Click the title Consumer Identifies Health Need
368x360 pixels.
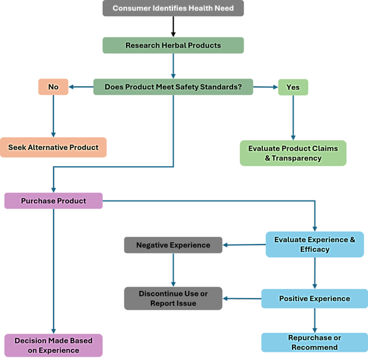pos(173,9)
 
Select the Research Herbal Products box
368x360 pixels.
pos(173,46)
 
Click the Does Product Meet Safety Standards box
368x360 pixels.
pos(173,87)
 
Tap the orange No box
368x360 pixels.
pos(54,87)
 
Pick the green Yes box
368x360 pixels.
pos(293,87)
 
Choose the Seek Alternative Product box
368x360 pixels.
pos(54,147)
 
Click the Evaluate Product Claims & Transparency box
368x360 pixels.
pos(293,153)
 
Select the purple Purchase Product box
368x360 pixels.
pos(54,201)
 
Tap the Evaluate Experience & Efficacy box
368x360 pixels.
pos(314,244)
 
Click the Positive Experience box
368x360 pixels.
pos(314,298)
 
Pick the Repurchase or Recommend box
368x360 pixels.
pos(314,342)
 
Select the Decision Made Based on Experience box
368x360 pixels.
pos(54,346)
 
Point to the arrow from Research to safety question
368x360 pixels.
pos(173,66)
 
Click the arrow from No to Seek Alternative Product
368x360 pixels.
pos(54,116)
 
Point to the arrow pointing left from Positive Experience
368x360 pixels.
pos(241,298)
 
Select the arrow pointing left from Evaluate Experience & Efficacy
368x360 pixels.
pos(243,244)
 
